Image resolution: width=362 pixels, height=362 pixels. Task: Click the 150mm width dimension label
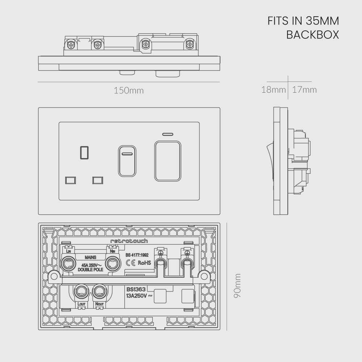pyautogui.click(x=129, y=90)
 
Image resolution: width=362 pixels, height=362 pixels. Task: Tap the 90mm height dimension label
pyautogui.click(x=237, y=286)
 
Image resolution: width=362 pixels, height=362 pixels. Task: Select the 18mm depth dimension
pyautogui.click(x=274, y=89)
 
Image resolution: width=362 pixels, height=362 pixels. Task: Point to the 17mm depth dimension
pyautogui.click(x=304, y=89)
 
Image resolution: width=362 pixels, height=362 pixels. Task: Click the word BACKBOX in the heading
pyautogui.click(x=313, y=35)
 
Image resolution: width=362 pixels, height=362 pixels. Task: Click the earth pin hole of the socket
pyautogui.click(x=84, y=153)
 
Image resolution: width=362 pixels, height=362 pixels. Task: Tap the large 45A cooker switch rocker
pyautogui.click(x=168, y=161)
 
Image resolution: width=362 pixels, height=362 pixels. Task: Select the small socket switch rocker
pyautogui.click(x=127, y=161)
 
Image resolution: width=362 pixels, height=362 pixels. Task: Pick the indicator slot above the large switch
pyautogui.click(x=168, y=134)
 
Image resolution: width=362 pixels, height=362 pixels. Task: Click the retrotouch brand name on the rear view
pyautogui.click(x=129, y=241)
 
